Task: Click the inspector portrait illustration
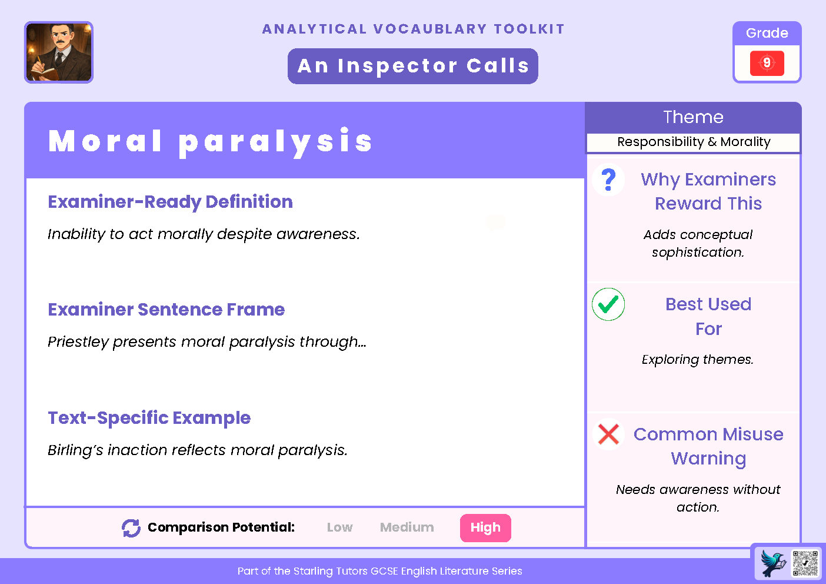coord(59,52)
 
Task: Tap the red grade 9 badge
coord(767,63)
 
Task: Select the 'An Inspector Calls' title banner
coord(413,66)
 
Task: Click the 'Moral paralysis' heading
coord(211,141)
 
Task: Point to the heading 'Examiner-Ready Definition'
coord(170,202)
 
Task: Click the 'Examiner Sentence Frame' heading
coord(166,310)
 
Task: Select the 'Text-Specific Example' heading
coord(149,418)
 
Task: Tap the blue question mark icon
coord(608,180)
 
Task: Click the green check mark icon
coord(608,304)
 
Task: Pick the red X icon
coord(608,434)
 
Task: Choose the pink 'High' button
coord(485,527)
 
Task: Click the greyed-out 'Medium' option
coord(407,527)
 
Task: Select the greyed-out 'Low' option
coord(339,527)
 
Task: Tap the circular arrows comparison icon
coord(131,528)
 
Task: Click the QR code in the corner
coord(805,563)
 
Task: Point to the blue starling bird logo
coord(774,563)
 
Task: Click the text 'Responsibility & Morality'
coord(694,142)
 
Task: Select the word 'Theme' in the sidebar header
coord(693,117)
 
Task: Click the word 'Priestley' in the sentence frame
coord(78,342)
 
